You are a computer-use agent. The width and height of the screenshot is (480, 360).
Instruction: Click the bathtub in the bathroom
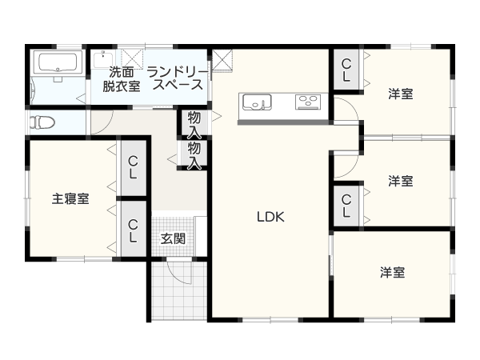click(x=58, y=62)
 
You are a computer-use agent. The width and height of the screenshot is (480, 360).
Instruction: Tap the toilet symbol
click(x=42, y=122)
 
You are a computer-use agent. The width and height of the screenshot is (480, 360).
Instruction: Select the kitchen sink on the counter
click(x=257, y=102)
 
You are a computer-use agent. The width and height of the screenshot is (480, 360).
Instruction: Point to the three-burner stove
click(x=308, y=102)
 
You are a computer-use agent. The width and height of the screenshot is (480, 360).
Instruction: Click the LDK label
click(x=270, y=217)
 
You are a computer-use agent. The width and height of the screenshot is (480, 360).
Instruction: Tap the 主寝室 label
click(x=70, y=198)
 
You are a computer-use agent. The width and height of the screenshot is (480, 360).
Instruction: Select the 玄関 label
click(x=174, y=238)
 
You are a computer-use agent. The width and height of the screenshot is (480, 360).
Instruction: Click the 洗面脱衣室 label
click(x=122, y=79)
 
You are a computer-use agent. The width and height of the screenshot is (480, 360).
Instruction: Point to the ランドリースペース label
click(x=178, y=78)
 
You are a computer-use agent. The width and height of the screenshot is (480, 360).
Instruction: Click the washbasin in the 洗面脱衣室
click(x=103, y=59)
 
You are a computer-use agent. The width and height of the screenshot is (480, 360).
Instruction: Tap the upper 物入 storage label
click(x=194, y=124)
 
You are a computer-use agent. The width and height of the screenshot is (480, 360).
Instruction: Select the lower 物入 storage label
click(x=194, y=154)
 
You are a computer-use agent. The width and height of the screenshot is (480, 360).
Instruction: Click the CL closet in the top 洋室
click(x=346, y=70)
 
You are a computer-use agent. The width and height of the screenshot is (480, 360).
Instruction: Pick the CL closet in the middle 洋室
click(x=346, y=206)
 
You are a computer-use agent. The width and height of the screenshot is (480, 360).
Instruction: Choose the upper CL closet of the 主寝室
click(x=133, y=168)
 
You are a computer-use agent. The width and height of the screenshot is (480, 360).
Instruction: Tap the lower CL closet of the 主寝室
click(x=133, y=229)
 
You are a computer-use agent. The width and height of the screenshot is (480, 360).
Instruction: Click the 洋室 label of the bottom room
click(x=392, y=272)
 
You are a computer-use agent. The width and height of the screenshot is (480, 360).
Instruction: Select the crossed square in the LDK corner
click(x=222, y=61)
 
